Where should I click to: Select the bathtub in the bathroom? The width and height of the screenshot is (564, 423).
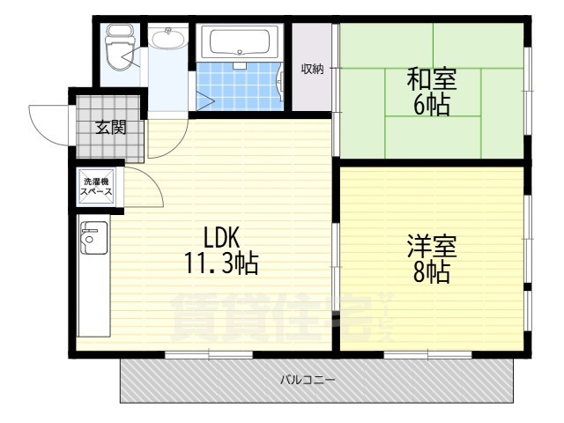(x=240, y=41)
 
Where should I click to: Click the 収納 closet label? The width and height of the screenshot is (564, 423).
(x=312, y=69)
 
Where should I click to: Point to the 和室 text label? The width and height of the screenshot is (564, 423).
(x=432, y=79)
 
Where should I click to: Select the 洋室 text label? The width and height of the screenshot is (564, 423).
(x=431, y=245)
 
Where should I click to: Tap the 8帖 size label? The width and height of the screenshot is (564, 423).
(x=431, y=271)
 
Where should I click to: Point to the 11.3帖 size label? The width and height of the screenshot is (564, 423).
(x=221, y=262)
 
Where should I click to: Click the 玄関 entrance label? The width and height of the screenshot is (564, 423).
(x=110, y=127)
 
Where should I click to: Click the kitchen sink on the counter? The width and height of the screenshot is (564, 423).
(x=90, y=235)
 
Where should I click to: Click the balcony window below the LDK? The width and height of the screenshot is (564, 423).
(x=209, y=354)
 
